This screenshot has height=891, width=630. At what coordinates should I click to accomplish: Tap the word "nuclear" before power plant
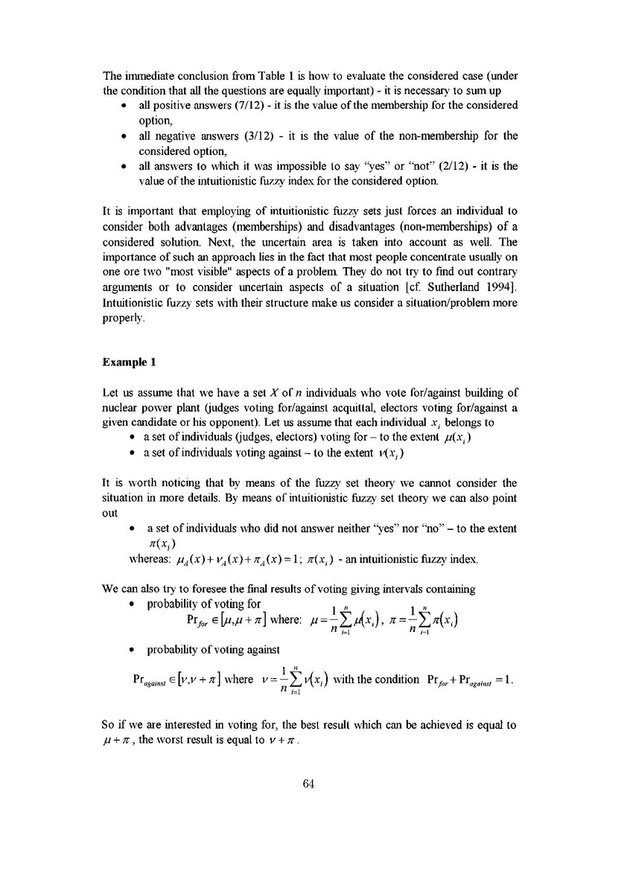(119, 408)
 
